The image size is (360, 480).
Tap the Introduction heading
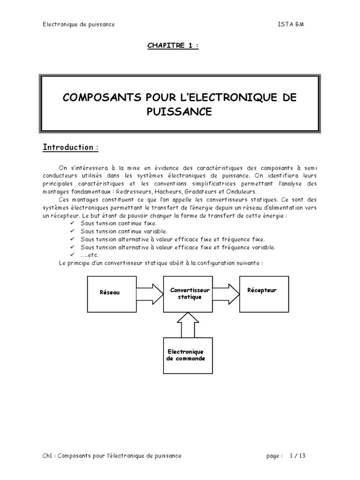70,148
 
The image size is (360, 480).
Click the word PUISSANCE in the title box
180,112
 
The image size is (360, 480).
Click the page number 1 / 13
298,455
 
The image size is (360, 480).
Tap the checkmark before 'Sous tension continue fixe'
72,223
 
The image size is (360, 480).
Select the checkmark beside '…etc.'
72,255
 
